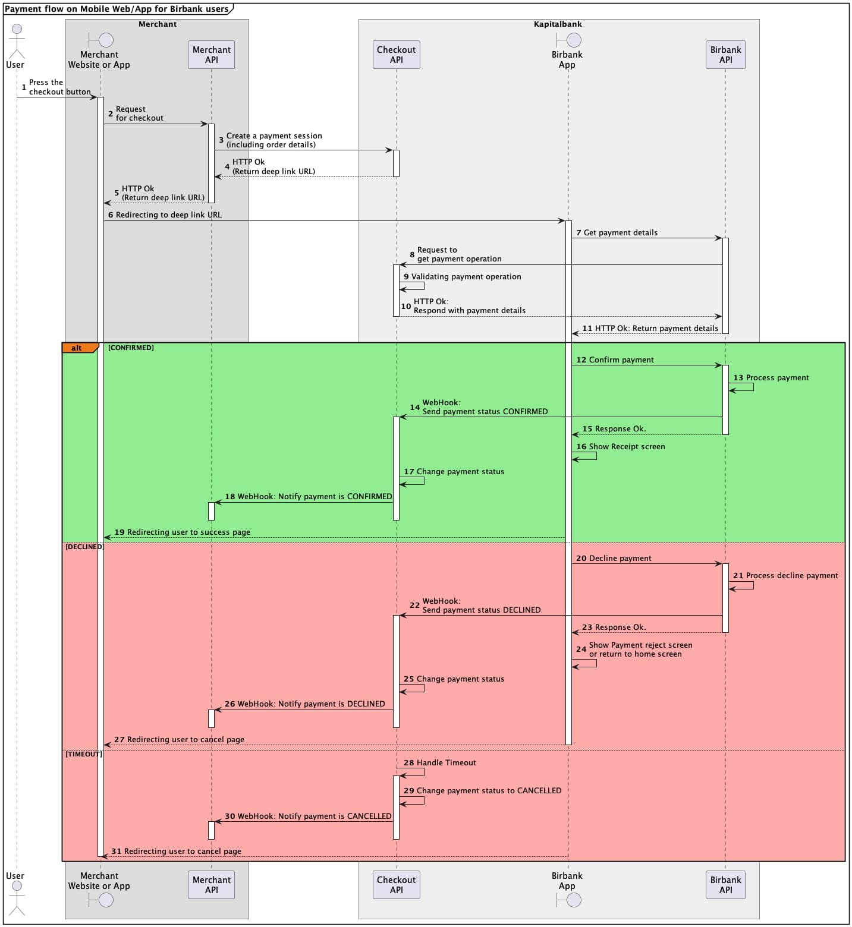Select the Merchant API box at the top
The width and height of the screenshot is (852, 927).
(211, 55)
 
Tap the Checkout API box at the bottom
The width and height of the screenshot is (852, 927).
(396, 885)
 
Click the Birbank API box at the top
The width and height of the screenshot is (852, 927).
(725, 55)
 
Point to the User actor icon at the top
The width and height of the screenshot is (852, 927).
(17, 40)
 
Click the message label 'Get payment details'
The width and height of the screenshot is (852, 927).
(620, 232)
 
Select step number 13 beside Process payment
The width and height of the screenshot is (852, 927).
(738, 377)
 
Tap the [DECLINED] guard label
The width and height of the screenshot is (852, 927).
(84, 547)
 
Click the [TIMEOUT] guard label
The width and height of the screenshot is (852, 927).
(83, 754)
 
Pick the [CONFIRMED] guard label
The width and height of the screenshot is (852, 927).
(131, 348)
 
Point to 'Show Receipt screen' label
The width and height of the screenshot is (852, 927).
(627, 446)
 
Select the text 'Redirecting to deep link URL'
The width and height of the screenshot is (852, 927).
(168, 215)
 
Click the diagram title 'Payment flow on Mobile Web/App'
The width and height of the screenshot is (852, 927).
(117, 9)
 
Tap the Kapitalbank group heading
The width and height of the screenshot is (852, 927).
(558, 24)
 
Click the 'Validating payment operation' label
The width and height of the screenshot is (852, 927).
(466, 276)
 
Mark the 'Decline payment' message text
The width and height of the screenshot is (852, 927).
(620, 558)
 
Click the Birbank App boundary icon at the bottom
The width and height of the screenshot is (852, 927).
(569, 900)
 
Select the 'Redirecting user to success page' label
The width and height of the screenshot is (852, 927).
(188, 532)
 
